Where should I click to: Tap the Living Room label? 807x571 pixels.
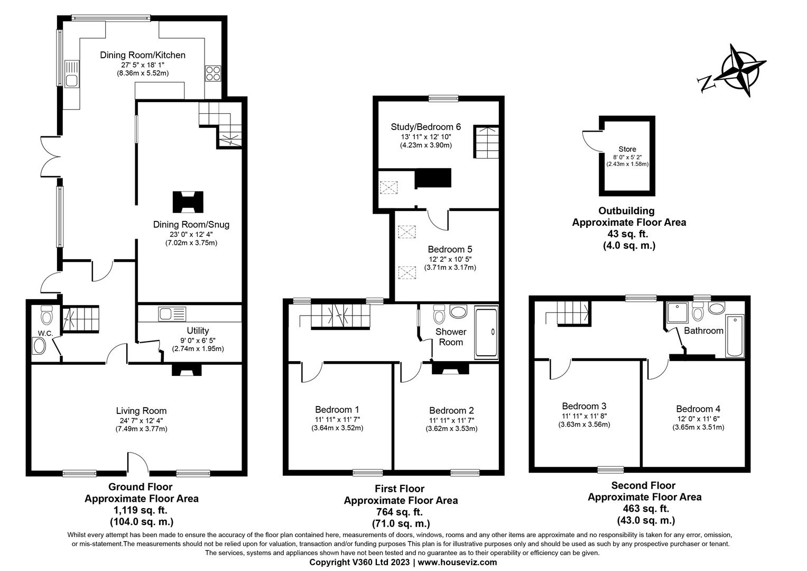pos(141,411)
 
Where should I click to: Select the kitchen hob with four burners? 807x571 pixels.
pos(212,73)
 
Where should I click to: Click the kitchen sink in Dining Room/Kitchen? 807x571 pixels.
pos(71,74)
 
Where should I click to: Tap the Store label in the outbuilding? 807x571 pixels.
pos(627,149)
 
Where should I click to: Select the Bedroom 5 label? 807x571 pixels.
pos(450,249)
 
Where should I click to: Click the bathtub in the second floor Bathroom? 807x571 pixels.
pos(735,336)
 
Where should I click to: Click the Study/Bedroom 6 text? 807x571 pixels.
pos(425,127)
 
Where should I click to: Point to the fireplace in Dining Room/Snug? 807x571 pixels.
pos(187,201)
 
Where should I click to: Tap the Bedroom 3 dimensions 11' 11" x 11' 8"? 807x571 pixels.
pos(584,416)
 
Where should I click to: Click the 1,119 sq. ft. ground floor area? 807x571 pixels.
pos(141,510)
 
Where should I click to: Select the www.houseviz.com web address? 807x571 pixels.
pos(457,563)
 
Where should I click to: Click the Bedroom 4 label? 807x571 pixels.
pos(698,409)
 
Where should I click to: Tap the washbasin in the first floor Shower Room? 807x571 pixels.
pos(458,311)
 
